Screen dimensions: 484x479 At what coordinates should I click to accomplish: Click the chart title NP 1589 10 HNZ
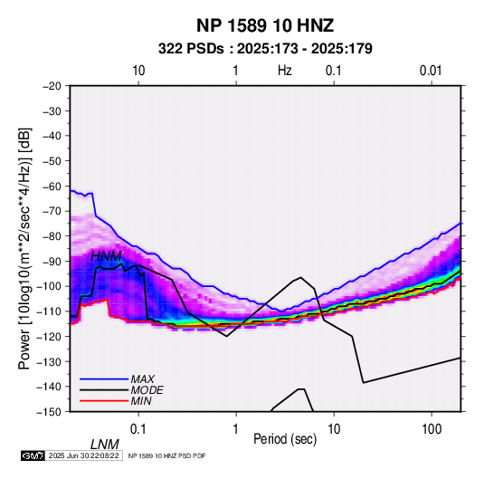[265, 25]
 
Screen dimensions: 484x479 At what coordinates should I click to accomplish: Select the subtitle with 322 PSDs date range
[265, 49]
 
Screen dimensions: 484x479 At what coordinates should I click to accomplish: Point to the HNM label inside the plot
[106, 256]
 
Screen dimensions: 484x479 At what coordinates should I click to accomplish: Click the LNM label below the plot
[104, 445]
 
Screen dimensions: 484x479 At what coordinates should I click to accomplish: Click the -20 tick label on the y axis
[52, 86]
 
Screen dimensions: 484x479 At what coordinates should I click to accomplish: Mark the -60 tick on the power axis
[52, 186]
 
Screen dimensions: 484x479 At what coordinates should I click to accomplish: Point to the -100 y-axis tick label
[49, 286]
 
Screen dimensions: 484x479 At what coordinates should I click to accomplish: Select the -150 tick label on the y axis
[49, 412]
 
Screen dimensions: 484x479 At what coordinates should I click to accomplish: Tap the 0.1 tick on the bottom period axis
[138, 428]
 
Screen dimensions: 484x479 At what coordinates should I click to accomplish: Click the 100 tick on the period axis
[432, 428]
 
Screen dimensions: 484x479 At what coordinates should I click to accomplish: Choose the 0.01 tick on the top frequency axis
[431, 71]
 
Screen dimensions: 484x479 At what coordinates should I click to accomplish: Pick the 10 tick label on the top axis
[138, 71]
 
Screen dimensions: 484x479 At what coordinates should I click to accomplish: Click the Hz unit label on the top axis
[285, 71]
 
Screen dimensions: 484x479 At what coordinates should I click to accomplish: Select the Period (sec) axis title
[285, 439]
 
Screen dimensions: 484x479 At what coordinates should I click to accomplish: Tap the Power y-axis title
[24, 248]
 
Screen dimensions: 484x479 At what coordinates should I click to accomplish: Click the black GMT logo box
[33, 455]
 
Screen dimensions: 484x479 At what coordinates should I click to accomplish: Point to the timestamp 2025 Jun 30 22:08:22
[83, 455]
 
